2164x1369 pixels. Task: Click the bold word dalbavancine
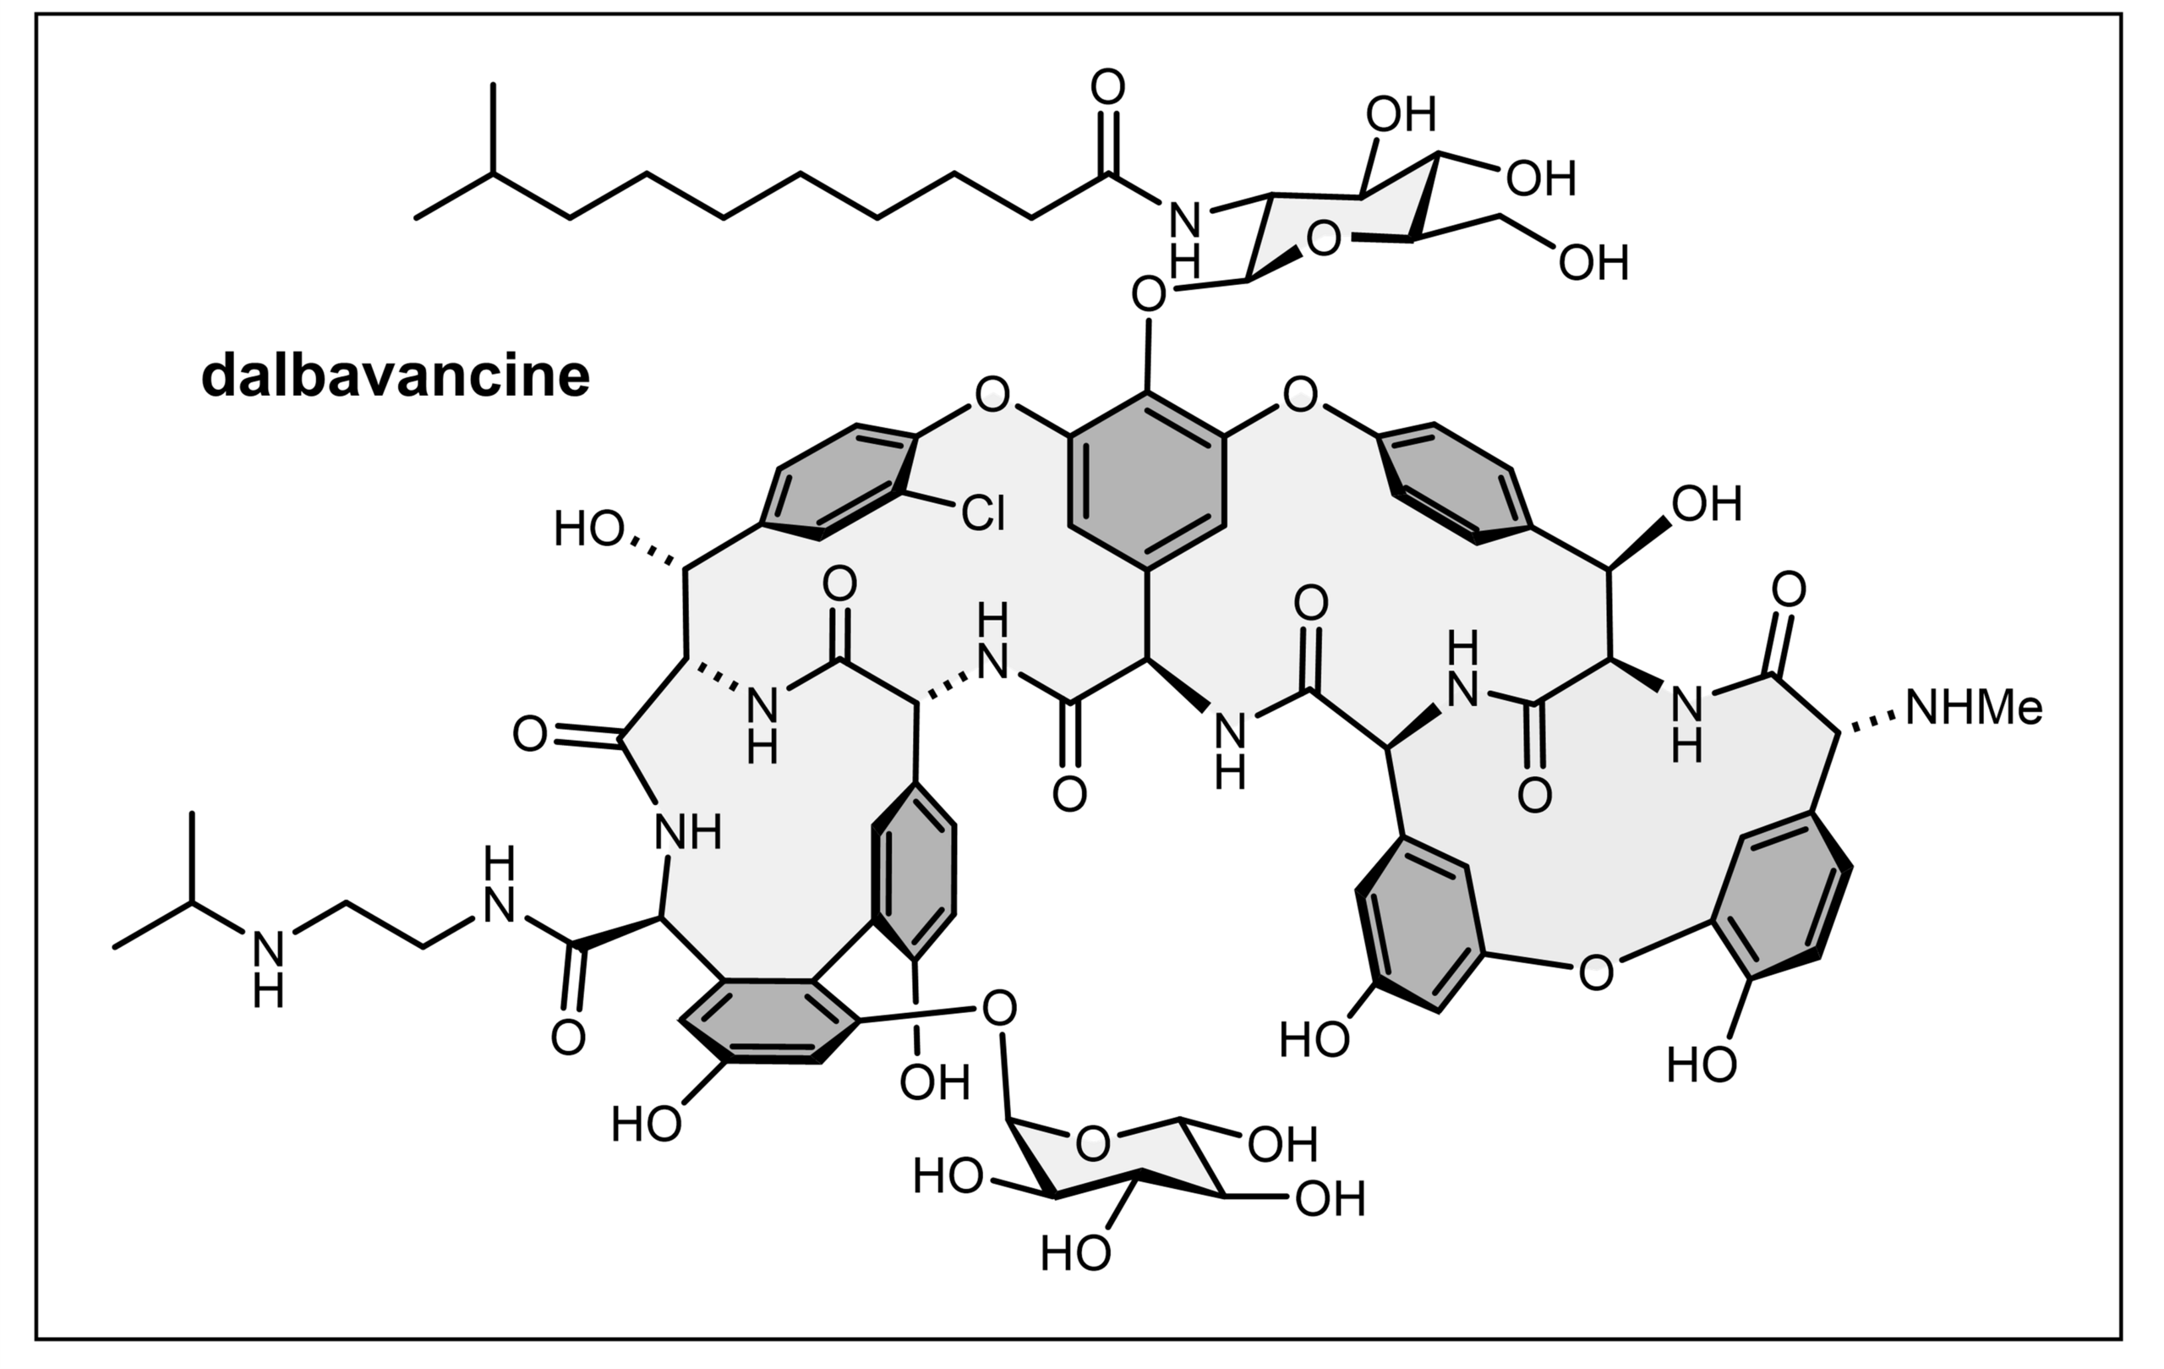pyautogui.click(x=396, y=375)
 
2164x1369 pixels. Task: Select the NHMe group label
pyautogui.click(x=1974, y=709)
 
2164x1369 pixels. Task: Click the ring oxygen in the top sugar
pyautogui.click(x=1323, y=240)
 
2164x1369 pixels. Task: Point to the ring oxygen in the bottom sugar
pyautogui.click(x=1093, y=1144)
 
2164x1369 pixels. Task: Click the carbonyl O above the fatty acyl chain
pyautogui.click(x=1108, y=88)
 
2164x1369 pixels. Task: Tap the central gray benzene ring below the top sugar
pyautogui.click(x=1147, y=481)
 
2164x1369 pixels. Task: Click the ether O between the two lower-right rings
pyautogui.click(x=1595, y=973)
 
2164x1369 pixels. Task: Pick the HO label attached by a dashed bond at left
pyautogui.click(x=588, y=529)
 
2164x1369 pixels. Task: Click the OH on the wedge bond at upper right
pyautogui.click(x=1707, y=504)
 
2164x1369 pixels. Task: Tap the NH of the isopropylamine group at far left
pyautogui.click(x=268, y=969)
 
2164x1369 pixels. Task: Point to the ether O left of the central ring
pyautogui.click(x=992, y=395)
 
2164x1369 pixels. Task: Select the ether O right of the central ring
pyautogui.click(x=1300, y=395)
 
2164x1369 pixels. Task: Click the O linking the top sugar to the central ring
pyautogui.click(x=1149, y=294)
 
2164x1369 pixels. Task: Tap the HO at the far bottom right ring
pyautogui.click(x=1701, y=1066)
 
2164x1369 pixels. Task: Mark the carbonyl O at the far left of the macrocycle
pyautogui.click(x=530, y=734)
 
